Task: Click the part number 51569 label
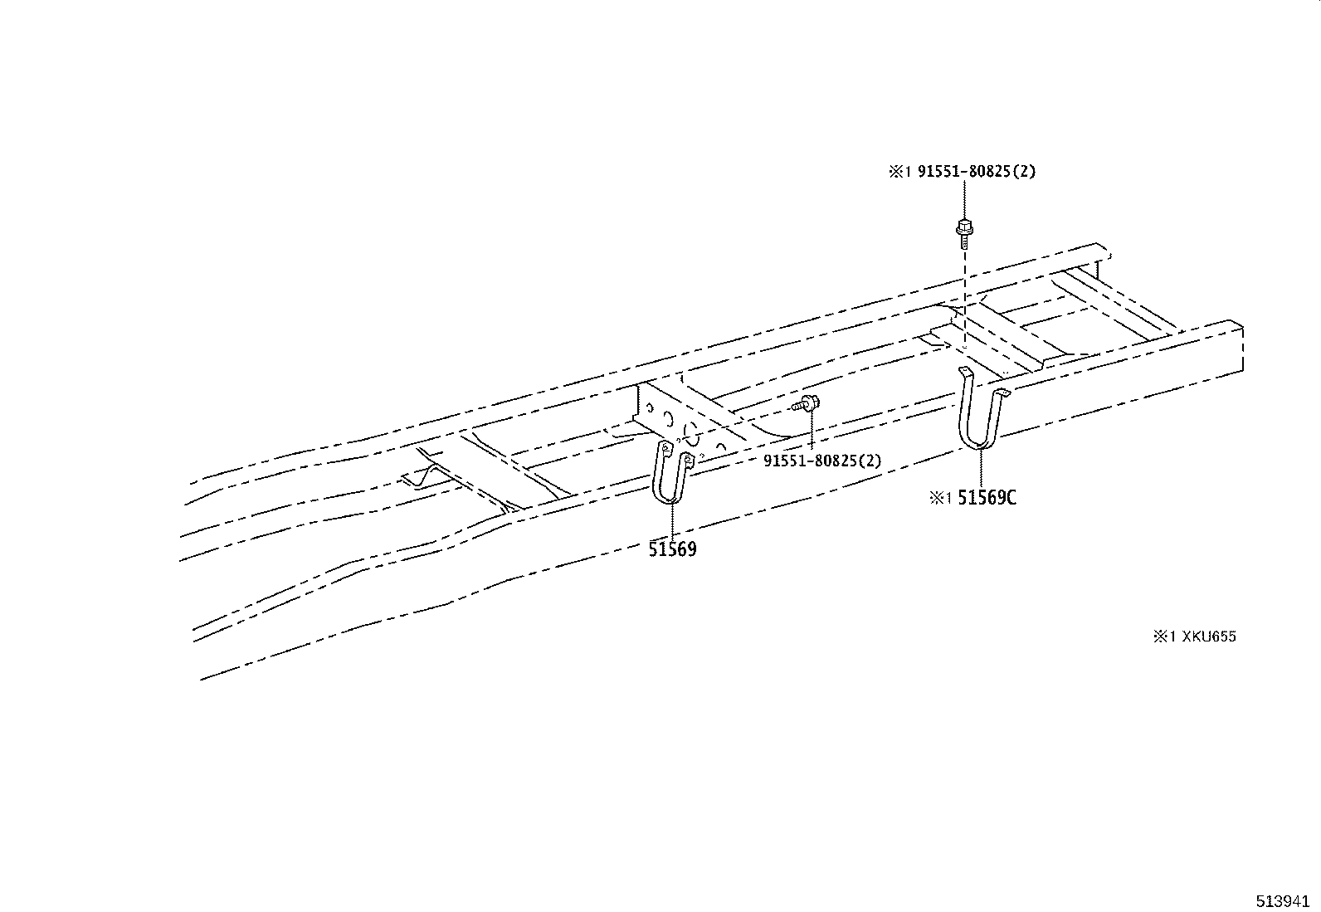coord(672,549)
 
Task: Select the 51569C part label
coord(987,498)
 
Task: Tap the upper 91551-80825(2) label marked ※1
coord(976,172)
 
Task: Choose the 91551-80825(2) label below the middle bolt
coord(822,461)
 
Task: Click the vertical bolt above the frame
coord(963,232)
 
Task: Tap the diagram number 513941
coord(1284,901)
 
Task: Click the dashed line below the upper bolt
coord(964,299)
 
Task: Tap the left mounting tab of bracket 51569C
coord(965,370)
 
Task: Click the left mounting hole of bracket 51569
coord(664,448)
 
